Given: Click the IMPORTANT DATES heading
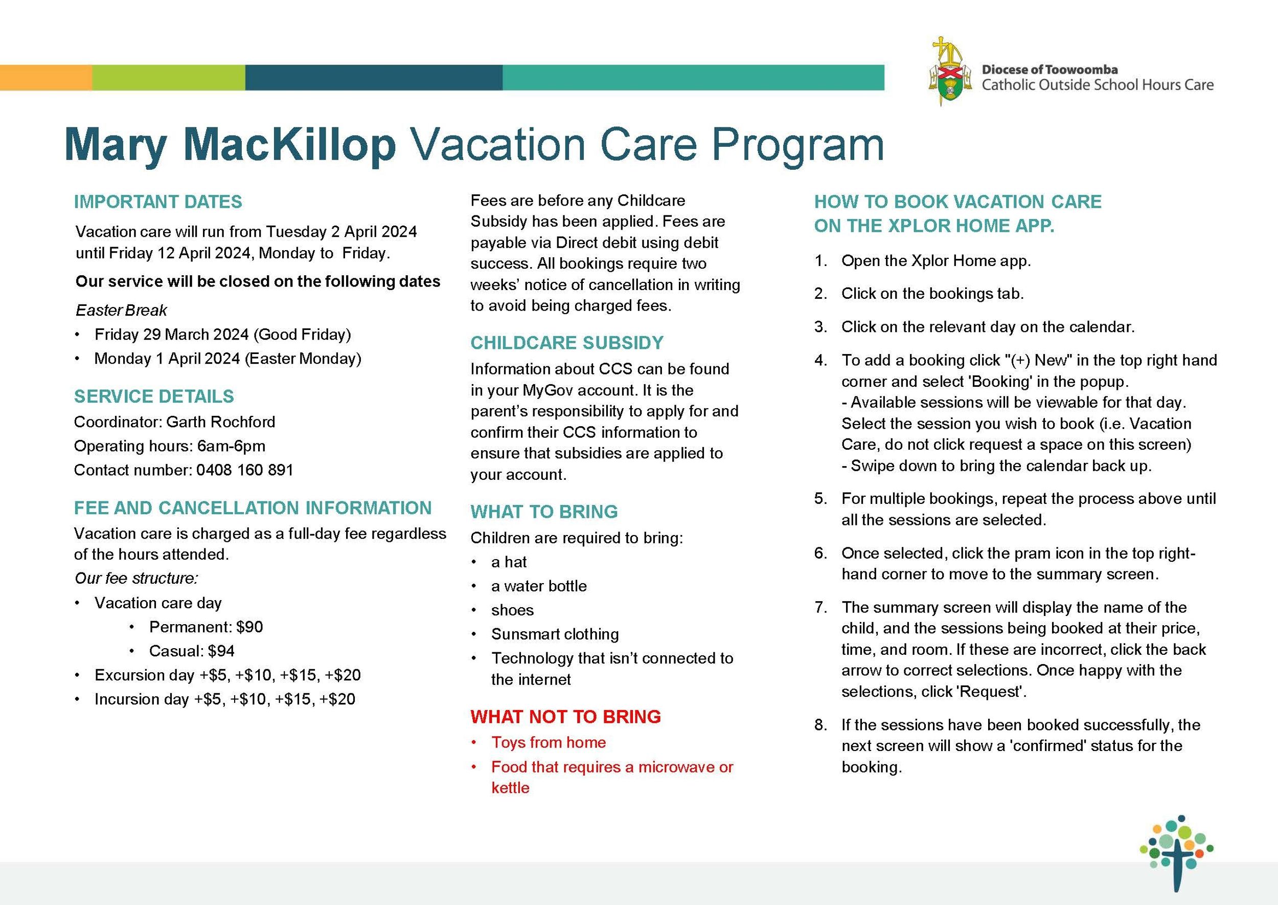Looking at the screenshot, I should point(158,202).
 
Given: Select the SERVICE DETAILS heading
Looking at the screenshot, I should point(154,396).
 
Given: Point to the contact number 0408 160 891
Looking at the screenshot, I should point(244,470).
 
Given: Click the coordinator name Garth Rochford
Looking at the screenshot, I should point(220,422).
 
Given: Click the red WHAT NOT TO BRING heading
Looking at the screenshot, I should point(565,717).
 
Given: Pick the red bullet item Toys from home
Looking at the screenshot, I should point(548,742).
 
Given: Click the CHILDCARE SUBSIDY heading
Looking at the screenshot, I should point(567,343).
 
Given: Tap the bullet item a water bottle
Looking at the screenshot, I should point(538,586).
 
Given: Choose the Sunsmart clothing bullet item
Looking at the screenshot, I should point(555,634).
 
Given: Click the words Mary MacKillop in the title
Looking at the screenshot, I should point(230,145).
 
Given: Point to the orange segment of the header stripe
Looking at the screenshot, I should point(45,77).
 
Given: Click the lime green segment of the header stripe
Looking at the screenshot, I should point(168,77).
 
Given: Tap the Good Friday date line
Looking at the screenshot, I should point(222,335).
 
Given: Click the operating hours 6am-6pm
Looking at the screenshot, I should point(231,446).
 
